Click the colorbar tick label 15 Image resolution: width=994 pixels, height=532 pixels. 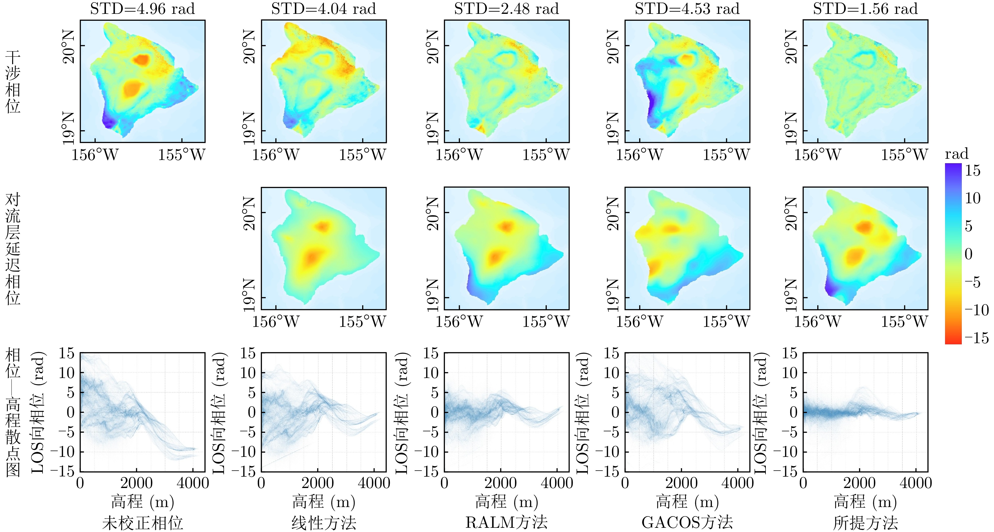pos(973,170)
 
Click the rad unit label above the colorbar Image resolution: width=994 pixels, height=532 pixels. pos(957,154)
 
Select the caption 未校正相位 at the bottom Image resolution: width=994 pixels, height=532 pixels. pos(142,523)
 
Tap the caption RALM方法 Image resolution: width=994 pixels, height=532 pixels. pos(506,523)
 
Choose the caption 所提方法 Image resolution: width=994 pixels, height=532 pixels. pos(865,523)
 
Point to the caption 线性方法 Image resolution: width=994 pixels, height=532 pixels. pos(324,523)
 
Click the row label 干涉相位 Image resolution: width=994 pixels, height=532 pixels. pos(13,82)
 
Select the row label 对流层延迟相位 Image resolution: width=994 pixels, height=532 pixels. pos(13,249)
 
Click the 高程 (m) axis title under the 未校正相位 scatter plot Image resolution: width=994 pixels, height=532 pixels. pos(142,502)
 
